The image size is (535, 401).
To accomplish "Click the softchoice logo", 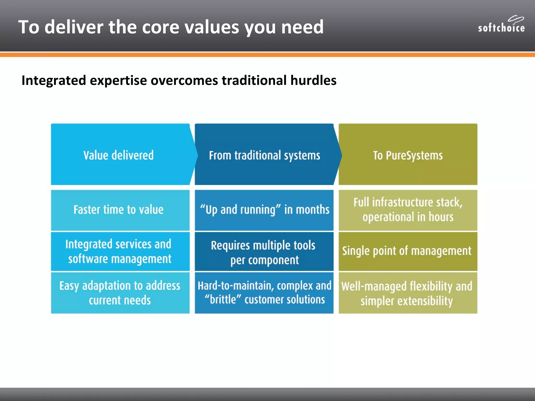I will click(x=501, y=25).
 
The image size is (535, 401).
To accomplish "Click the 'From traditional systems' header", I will click(x=264, y=155).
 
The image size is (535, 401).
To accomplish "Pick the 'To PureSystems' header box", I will click(x=408, y=155).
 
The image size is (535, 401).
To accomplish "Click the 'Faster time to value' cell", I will click(x=119, y=210).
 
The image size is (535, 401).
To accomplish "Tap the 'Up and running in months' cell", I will click(x=264, y=210).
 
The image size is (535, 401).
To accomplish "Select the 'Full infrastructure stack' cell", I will click(x=408, y=210).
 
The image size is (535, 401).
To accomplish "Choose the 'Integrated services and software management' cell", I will click(x=119, y=251).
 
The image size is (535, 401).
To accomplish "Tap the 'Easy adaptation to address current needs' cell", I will click(x=120, y=293).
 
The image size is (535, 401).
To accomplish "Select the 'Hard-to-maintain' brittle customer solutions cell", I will click(x=264, y=293).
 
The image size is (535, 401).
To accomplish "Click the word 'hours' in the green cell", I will click(x=441, y=217).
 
